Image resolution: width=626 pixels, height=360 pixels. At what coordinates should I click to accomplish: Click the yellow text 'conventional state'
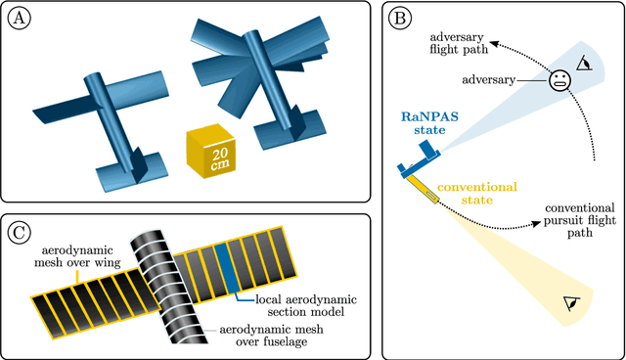pos(478,193)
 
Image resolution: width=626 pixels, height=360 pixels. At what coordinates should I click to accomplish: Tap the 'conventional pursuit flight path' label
pos(579,222)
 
